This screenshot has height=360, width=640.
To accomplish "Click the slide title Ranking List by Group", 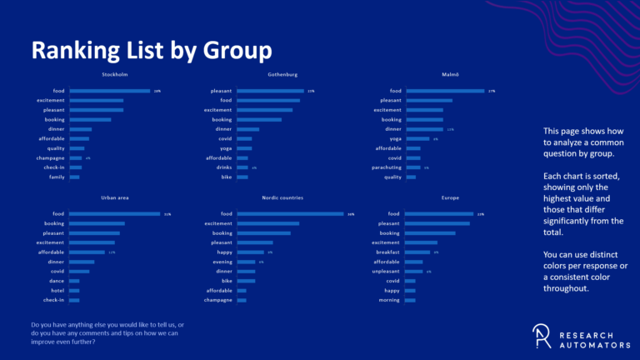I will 151,50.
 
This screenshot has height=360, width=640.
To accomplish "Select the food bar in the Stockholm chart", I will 110,91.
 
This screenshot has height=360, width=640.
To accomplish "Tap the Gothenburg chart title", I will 282,75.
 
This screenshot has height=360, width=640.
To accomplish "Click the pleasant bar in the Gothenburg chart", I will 270,91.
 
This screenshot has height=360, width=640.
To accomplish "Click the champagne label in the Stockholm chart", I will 50,157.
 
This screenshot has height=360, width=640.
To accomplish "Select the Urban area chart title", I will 114,198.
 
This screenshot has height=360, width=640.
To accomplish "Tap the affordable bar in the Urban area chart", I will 87,252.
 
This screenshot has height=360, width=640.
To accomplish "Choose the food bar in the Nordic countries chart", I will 290,214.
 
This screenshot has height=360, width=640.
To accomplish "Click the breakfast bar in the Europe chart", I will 417,252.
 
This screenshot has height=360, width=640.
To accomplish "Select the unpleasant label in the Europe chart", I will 385,271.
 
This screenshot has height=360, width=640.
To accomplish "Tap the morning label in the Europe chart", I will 389,300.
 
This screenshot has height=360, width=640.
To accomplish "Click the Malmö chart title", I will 449,75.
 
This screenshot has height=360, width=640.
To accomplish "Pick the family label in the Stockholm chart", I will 56,177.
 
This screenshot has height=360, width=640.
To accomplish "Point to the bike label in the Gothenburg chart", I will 226,177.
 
